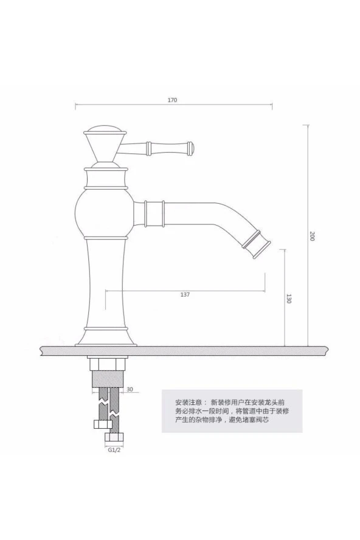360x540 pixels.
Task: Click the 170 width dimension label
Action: coord(173,100)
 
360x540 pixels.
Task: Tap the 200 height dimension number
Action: coord(311,237)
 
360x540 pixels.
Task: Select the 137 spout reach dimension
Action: coord(185,294)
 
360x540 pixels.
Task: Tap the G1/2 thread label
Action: coord(114,451)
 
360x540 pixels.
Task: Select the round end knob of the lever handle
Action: coord(190,147)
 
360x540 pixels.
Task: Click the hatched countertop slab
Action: coord(182,350)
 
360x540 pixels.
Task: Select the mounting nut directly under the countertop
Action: coord(107,363)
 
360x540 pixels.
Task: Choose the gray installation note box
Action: coord(231,410)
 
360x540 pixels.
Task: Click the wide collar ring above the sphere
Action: coord(106,178)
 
